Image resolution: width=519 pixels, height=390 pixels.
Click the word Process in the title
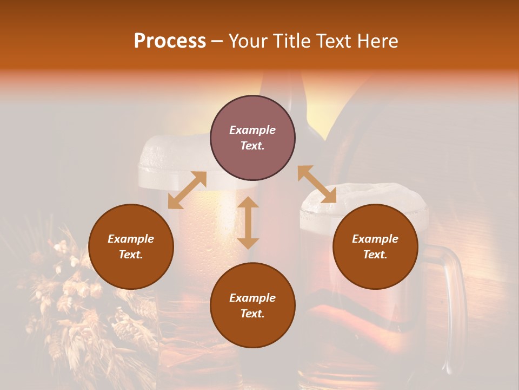[x=170, y=41]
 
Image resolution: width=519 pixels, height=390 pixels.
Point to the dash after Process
[x=217, y=42]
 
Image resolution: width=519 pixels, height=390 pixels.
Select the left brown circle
[x=131, y=246]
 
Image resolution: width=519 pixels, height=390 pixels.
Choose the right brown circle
[x=375, y=246]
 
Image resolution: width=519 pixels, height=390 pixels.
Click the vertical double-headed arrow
[x=248, y=223]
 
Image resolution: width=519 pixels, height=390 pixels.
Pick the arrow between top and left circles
[x=187, y=190]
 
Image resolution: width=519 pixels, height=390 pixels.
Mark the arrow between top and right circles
[x=317, y=184]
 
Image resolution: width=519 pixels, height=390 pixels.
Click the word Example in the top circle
[x=252, y=130]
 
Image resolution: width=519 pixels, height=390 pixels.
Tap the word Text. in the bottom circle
[x=252, y=314]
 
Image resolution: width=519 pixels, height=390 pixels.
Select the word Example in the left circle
[x=131, y=239]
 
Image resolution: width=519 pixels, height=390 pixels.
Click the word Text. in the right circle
[x=375, y=255]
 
